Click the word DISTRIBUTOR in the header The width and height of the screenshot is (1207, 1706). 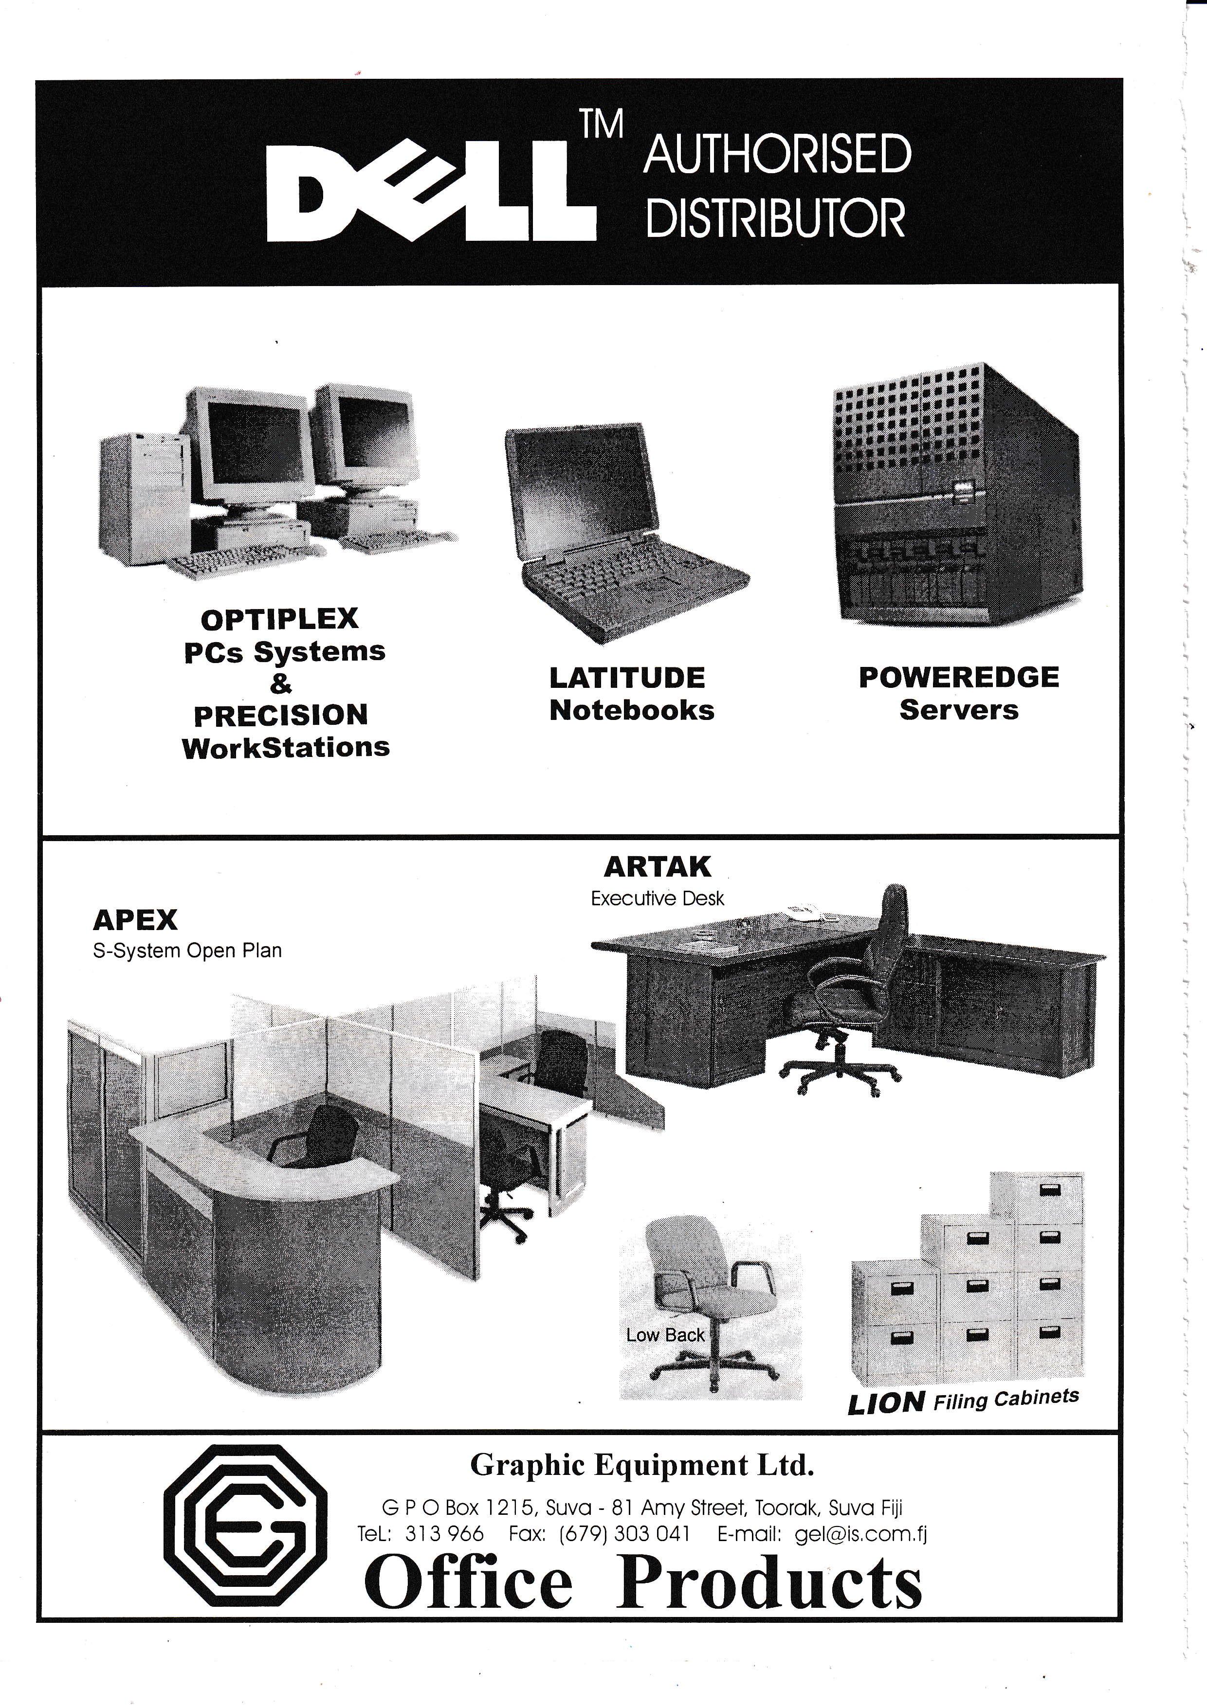coord(775,218)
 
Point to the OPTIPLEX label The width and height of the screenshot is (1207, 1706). coord(279,619)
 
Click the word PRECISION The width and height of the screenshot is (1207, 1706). coord(281,715)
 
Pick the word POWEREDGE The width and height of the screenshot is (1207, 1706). coord(959,677)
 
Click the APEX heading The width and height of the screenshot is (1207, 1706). coord(135,920)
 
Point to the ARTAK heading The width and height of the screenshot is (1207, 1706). coord(657,866)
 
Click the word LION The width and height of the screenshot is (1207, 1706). coord(886,1403)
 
